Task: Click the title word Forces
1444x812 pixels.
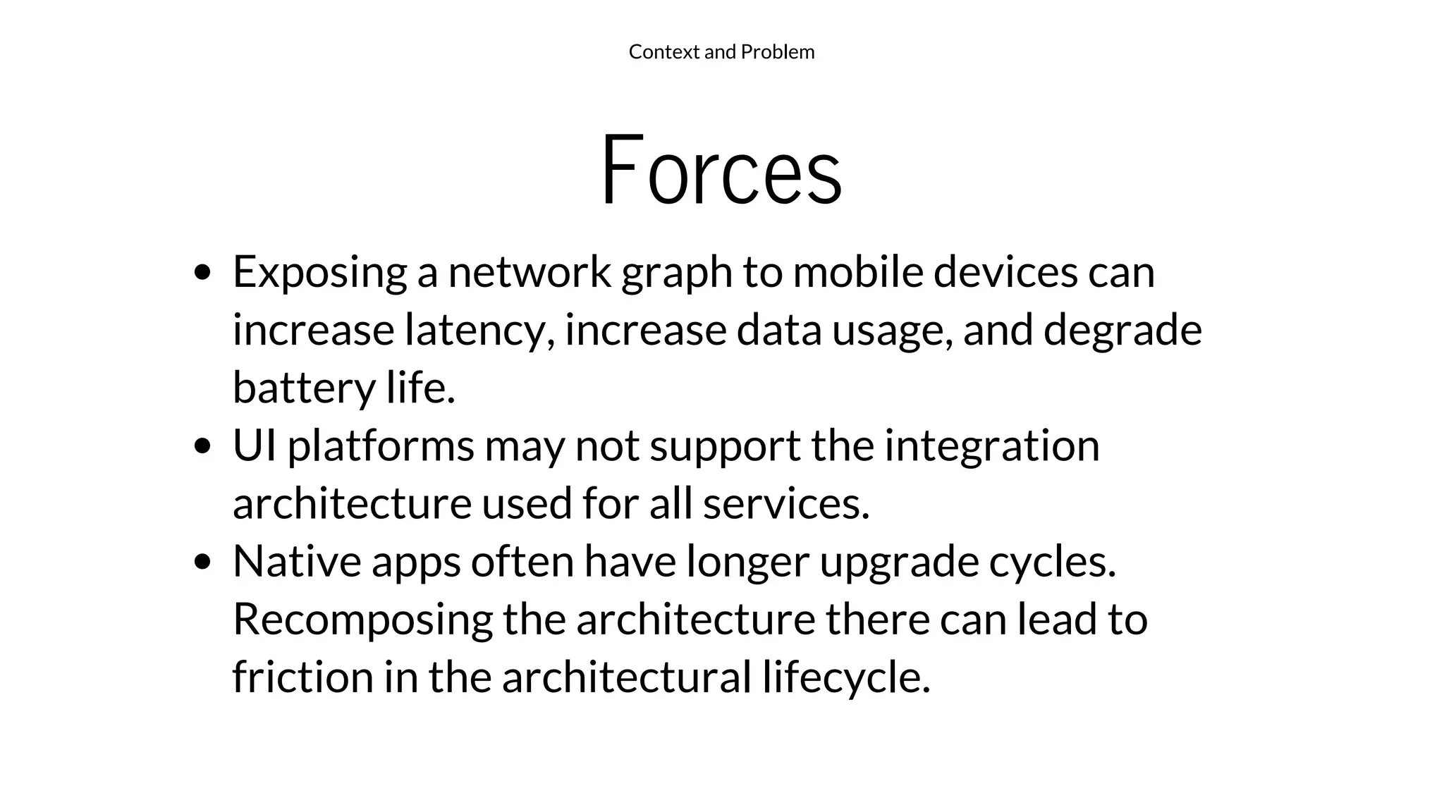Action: click(x=721, y=171)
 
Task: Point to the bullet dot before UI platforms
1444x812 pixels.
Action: click(x=202, y=446)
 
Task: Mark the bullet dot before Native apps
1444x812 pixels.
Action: click(x=202, y=562)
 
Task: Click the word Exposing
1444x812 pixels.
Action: click(x=319, y=273)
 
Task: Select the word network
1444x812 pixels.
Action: click(x=530, y=273)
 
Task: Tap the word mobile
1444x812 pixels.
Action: click(x=858, y=273)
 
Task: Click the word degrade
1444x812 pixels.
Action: click(x=1122, y=331)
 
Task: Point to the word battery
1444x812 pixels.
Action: click(x=304, y=388)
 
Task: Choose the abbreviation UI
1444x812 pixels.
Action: click(x=255, y=446)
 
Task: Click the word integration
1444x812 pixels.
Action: click(x=992, y=446)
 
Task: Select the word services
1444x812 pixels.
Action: click(x=786, y=504)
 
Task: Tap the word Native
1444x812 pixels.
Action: click(x=297, y=562)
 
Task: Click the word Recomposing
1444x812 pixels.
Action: click(x=362, y=620)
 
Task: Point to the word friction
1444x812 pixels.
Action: click(x=302, y=677)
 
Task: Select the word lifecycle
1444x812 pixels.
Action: click(x=846, y=677)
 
